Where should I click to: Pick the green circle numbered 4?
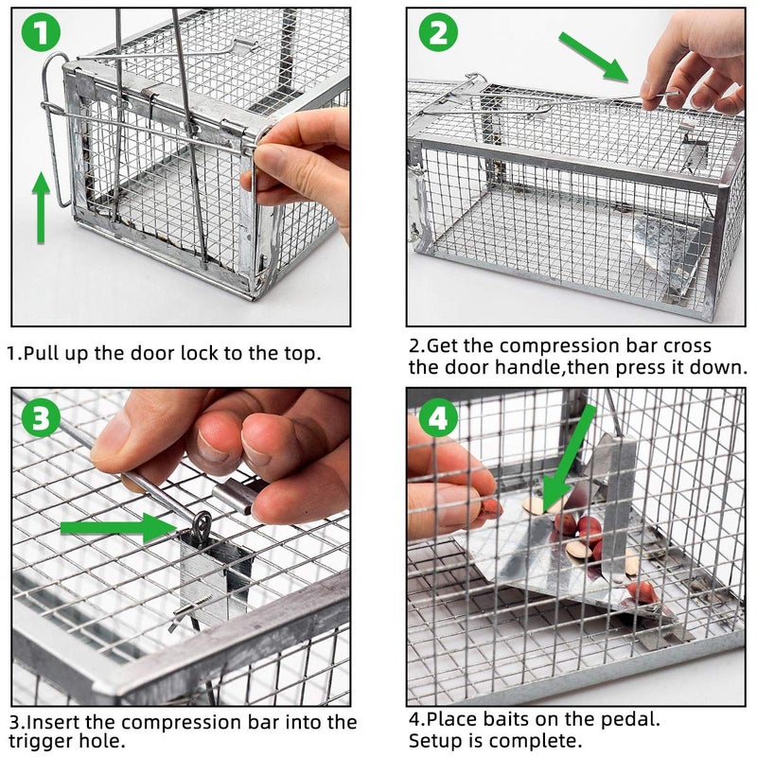click(438, 417)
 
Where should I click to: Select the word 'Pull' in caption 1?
click(43, 354)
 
